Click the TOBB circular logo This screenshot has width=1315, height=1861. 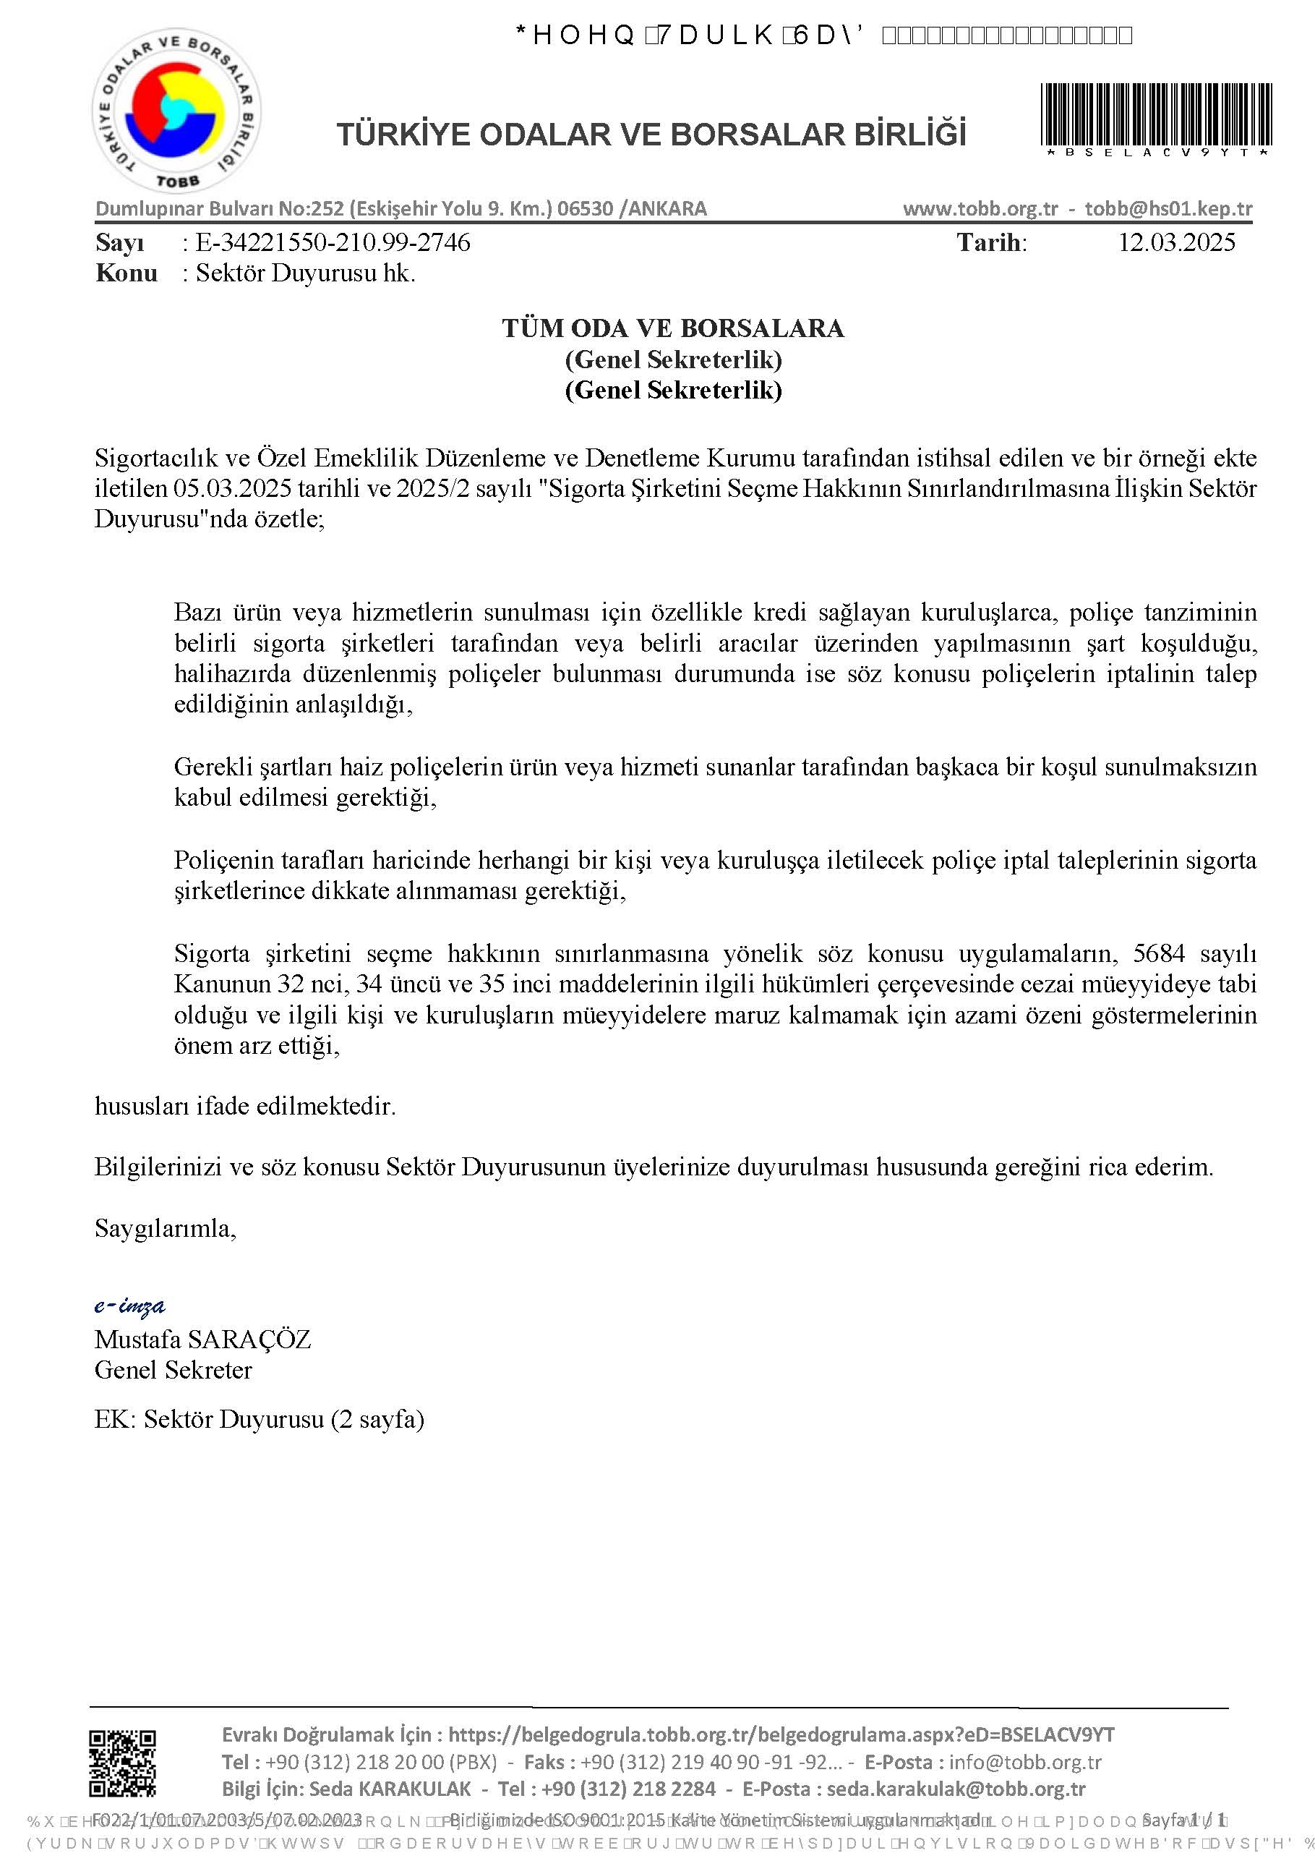pos(176,114)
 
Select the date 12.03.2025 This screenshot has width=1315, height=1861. pos(1176,242)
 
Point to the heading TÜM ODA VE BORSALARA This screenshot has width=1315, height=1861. pos(672,328)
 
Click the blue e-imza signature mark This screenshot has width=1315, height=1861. pos(129,1305)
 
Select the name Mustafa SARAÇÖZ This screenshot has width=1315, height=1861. pos(202,1339)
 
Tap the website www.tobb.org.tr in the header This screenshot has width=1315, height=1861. pos(980,209)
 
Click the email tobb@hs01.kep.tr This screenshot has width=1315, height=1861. pos(1168,209)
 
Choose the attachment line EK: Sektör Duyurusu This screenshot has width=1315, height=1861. pos(260,1418)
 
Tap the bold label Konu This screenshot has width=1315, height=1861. pos(126,273)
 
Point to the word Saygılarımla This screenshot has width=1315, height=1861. pos(166,1228)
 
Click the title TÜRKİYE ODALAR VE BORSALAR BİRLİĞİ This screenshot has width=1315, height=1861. pos(651,135)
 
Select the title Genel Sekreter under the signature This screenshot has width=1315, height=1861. pos(173,1370)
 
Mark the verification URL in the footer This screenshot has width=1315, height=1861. pos(781,1735)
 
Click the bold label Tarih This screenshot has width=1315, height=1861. pos(992,242)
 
